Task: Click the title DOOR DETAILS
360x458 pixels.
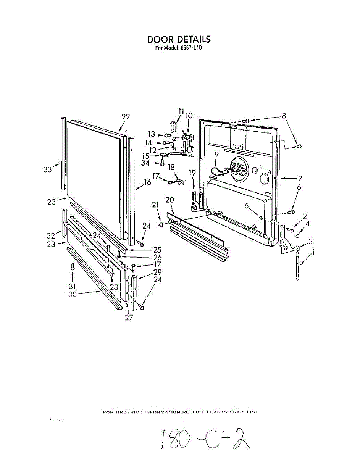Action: pos(179,39)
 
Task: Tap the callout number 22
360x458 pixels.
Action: pos(126,117)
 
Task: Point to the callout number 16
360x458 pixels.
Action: pos(147,183)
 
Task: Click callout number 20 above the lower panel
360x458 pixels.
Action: pos(170,200)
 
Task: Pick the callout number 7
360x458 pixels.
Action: pos(300,178)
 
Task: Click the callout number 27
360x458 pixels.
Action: pos(129,317)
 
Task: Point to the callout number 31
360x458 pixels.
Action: pos(72,286)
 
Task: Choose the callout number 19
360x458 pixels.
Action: pos(192,173)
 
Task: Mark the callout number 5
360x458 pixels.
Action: pos(247,206)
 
